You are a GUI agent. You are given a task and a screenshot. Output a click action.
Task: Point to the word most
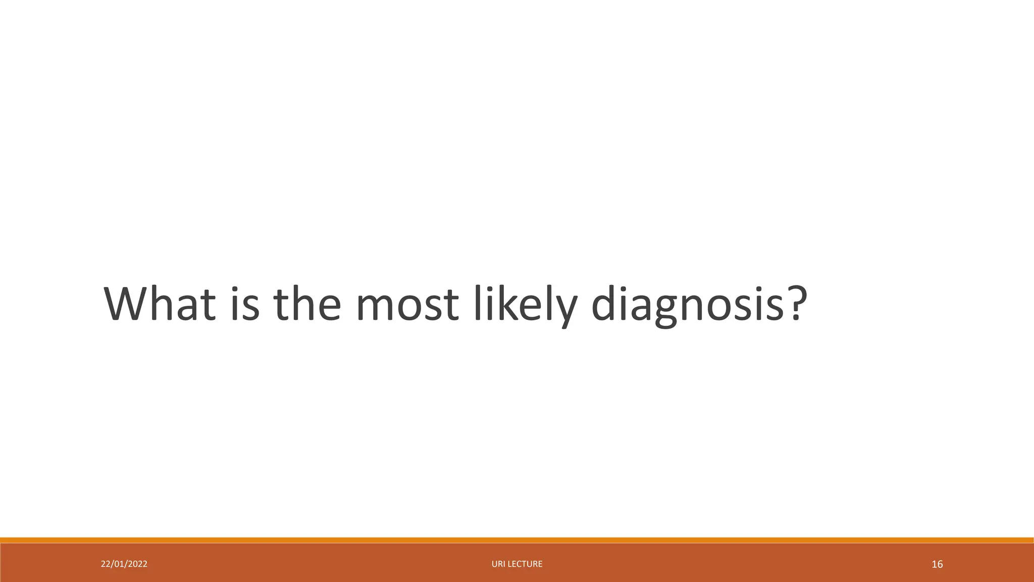(407, 305)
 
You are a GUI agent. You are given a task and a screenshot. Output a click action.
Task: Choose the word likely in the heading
(525, 305)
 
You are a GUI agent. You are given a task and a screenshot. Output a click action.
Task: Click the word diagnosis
(687, 305)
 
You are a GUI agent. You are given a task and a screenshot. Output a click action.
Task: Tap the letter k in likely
(507, 304)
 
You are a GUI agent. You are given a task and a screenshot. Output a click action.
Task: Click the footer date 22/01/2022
(124, 564)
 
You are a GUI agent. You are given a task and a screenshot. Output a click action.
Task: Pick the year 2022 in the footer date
(138, 564)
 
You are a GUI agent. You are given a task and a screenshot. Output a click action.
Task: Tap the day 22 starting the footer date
(105, 564)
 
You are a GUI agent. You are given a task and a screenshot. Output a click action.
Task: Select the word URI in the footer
(498, 564)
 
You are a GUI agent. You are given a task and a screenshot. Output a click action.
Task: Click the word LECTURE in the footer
(525, 564)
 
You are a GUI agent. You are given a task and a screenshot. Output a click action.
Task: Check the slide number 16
(937, 564)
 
